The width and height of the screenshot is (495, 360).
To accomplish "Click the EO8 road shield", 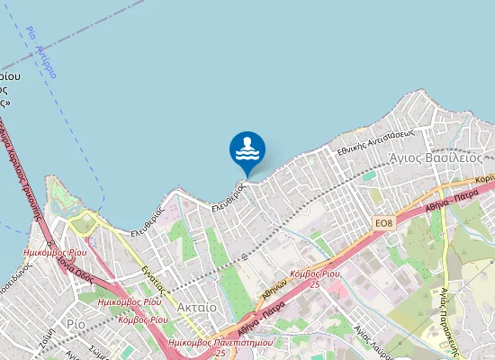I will pyautogui.click(x=384, y=219).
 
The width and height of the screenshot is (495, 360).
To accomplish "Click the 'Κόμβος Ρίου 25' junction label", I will pyautogui.click(x=315, y=277).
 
